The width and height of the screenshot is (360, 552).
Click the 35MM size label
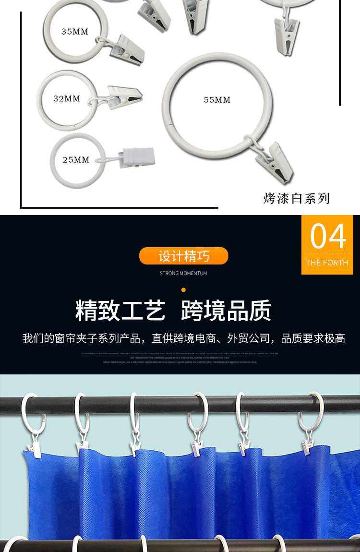pos(75,32)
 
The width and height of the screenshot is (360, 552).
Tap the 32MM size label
pos(67,98)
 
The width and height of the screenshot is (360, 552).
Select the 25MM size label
pos(76,159)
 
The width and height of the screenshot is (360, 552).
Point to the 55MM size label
pos(217,100)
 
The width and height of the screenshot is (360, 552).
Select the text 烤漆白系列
pos(297,198)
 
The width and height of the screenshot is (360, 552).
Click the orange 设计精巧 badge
pos(184,256)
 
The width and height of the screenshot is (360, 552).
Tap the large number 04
pos(328,236)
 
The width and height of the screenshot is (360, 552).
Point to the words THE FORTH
pos(327,263)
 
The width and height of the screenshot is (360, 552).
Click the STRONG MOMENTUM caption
pos(184,274)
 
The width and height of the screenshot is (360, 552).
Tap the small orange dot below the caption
pos(183,290)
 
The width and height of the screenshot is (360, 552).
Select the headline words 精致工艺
pos(120,311)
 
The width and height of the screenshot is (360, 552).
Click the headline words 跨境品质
pos(226,311)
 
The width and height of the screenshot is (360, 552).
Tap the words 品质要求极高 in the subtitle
pos(313,338)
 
